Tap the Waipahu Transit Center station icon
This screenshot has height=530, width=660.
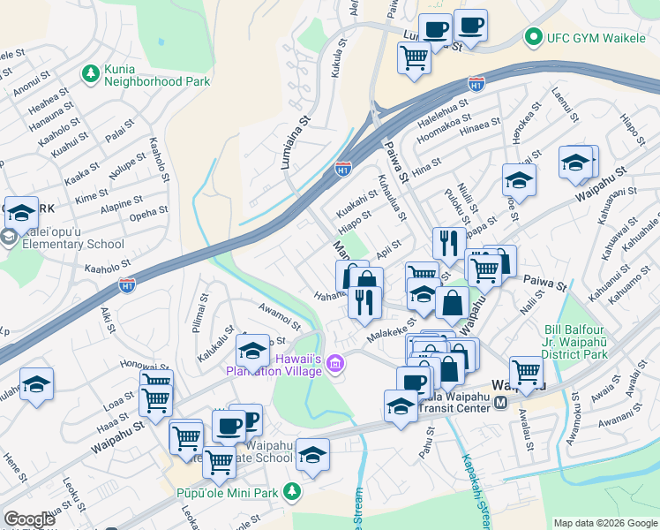(500, 403)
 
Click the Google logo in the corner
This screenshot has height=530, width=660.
(29, 519)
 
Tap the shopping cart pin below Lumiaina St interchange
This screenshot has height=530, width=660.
(414, 59)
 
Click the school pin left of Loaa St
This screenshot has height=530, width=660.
(37, 384)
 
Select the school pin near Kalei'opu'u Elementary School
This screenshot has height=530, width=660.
(22, 213)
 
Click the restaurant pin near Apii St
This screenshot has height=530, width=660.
(449, 243)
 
